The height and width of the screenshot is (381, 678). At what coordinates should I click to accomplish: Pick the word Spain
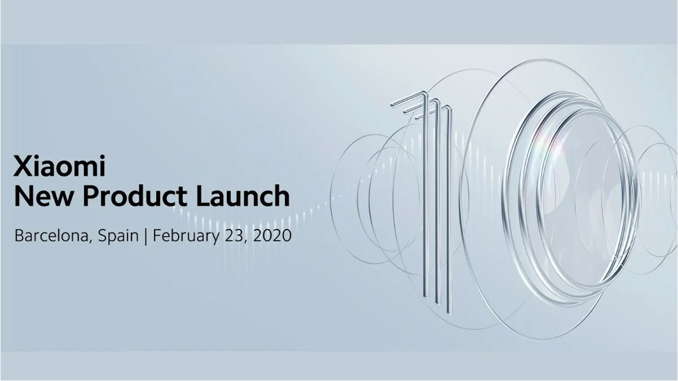(x=119, y=236)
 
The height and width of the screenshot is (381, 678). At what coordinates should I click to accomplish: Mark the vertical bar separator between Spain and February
(x=147, y=236)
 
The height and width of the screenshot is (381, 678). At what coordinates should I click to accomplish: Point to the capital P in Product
(x=93, y=196)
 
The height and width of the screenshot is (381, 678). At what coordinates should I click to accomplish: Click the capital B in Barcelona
(x=20, y=235)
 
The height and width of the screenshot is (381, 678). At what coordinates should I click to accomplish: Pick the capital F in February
(x=157, y=235)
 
